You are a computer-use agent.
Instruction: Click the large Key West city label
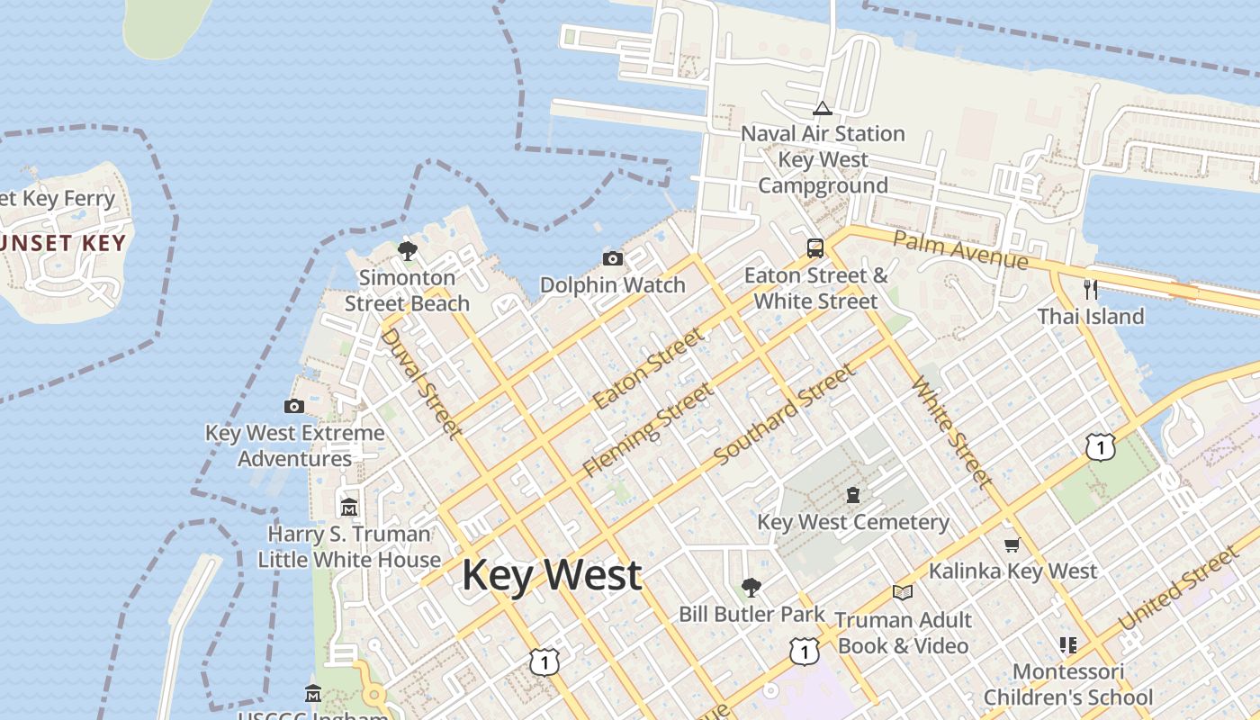tap(552, 575)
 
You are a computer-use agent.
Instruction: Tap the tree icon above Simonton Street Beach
tap(407, 250)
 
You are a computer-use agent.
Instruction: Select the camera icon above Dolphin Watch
tap(613, 259)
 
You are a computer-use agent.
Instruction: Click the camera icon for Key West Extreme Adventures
tap(294, 406)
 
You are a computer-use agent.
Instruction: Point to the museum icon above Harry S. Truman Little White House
tap(349, 507)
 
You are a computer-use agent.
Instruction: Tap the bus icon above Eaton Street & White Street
tap(815, 248)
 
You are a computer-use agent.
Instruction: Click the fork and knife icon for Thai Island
tap(1091, 289)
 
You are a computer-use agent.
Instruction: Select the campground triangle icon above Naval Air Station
tap(822, 108)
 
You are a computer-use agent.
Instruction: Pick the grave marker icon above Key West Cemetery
tap(853, 494)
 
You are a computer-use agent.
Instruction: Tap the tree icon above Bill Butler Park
tap(751, 588)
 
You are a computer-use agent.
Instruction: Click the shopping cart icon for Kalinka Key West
tap(1012, 544)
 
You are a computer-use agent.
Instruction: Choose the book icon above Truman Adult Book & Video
tap(903, 592)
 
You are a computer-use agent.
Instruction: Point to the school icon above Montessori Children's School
tap(1068, 644)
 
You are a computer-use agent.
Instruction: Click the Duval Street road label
tap(420, 383)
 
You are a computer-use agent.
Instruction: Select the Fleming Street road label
tap(648, 430)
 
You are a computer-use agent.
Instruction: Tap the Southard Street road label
tap(784, 415)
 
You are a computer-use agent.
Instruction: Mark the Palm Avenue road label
tap(960, 249)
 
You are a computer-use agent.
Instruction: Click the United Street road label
tap(1176, 589)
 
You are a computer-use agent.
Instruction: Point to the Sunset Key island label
tap(61, 243)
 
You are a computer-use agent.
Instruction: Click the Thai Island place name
tap(1091, 317)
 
